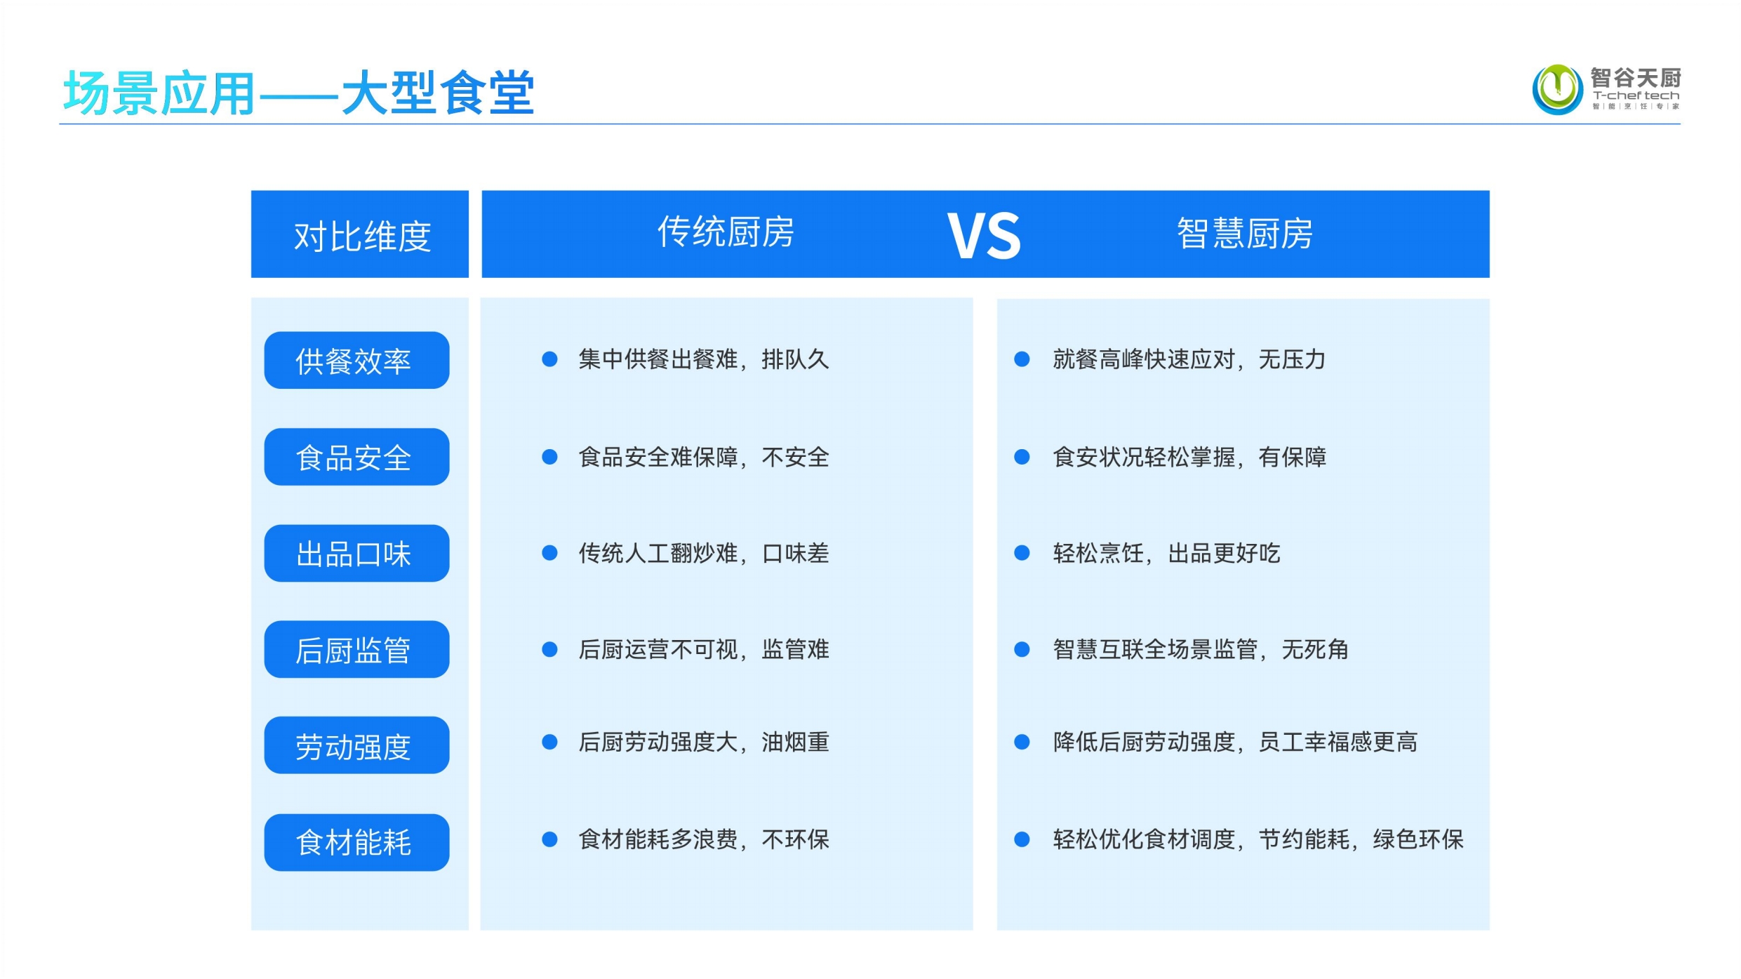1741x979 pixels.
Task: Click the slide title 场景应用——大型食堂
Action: tap(299, 93)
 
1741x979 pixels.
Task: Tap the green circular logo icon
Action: tap(1557, 89)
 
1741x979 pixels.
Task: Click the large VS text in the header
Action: tap(984, 235)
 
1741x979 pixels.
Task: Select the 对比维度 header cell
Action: tap(360, 234)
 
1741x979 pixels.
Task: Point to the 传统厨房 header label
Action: tap(726, 232)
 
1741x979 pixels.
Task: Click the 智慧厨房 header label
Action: tap(1245, 234)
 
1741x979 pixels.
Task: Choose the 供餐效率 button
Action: tap(356, 360)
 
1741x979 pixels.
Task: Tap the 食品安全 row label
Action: tap(356, 457)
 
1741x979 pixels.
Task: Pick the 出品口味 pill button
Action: tap(356, 553)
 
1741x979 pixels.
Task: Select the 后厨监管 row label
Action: tap(356, 649)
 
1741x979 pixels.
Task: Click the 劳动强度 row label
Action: tap(356, 745)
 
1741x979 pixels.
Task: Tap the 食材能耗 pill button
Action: tap(356, 842)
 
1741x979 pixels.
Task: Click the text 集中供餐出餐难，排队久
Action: tap(704, 359)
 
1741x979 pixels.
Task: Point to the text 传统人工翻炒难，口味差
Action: tap(704, 553)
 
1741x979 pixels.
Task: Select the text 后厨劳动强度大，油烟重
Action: tap(704, 742)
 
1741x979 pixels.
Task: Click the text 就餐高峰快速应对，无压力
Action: tap(1189, 359)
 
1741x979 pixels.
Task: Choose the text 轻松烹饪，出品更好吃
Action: tap(1166, 553)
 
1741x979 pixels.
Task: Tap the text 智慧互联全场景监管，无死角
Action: tap(1201, 649)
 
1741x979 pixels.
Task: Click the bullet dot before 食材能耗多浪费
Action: tap(549, 839)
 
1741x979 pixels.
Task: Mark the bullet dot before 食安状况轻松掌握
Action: tap(1022, 457)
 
